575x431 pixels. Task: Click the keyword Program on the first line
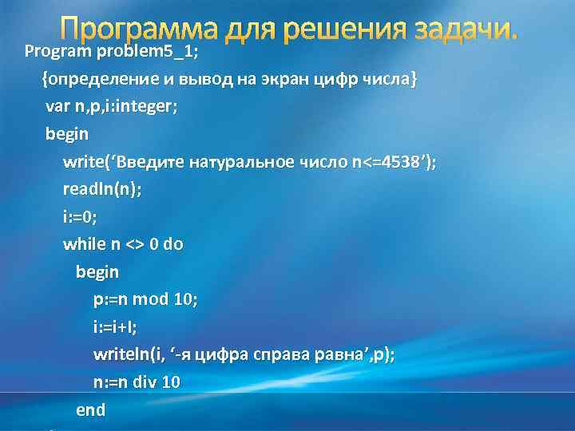pyautogui.click(x=59, y=53)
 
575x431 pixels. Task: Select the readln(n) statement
pyautogui.click(x=91, y=189)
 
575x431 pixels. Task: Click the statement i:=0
pyautogui.click(x=80, y=216)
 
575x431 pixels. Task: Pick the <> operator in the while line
pyautogui.click(x=135, y=244)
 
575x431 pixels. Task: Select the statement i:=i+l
pyautogui.click(x=115, y=326)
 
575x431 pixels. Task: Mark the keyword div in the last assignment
pyautogui.click(x=145, y=382)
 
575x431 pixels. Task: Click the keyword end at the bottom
pyautogui.click(x=90, y=409)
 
